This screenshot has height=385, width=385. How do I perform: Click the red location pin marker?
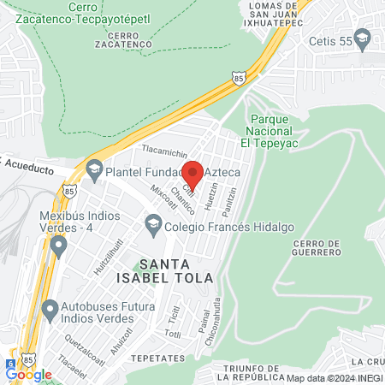pyautogui.click(x=192, y=175)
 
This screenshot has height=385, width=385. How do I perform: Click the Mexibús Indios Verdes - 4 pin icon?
pyautogui.click(x=58, y=247)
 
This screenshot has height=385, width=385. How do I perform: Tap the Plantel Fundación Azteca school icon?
pyautogui.click(x=93, y=171)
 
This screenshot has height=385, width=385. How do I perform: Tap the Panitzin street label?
pyautogui.click(x=229, y=202)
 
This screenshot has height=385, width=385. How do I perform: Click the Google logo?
pyautogui.click(x=28, y=374)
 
